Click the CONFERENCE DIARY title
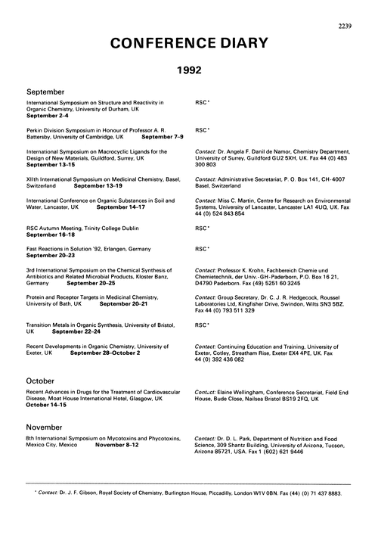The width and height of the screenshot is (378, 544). click(188, 44)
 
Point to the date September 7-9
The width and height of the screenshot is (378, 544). click(164, 137)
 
